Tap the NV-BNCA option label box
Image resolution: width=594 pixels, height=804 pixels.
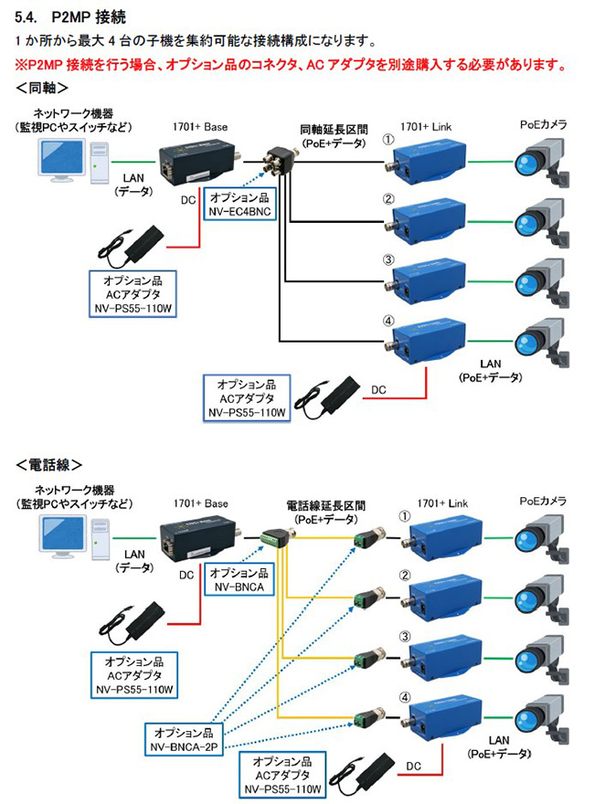pos(239,579)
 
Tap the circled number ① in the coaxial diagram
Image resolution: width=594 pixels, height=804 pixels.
pos(387,142)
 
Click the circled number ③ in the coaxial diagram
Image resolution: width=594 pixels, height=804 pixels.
pos(387,260)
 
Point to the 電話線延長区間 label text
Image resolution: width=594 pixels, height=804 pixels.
pos(325,506)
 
